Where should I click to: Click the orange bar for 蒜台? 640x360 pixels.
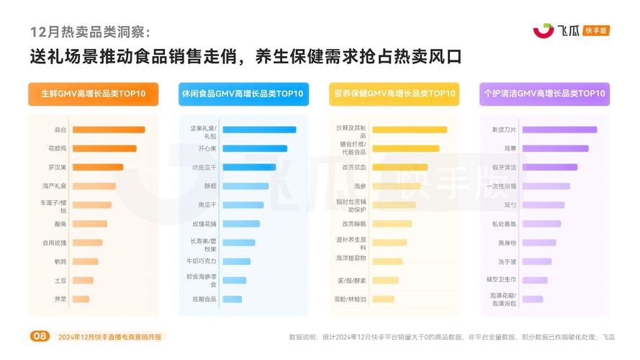click(108, 130)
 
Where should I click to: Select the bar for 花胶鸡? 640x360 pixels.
click(104, 148)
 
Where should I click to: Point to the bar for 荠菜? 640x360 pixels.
click(81, 299)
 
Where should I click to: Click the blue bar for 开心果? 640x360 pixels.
click(254, 148)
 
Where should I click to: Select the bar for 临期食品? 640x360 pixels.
click(233, 299)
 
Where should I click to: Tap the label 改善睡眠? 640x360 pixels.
click(354, 224)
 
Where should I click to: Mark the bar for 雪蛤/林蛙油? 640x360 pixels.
click(383, 299)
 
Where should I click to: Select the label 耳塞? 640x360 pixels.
click(510, 148)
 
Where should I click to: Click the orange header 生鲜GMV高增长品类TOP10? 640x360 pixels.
click(93, 94)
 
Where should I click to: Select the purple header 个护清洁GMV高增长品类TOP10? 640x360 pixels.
click(544, 94)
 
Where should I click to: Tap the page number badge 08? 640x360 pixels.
click(39, 336)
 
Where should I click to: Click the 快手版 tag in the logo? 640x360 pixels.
click(597, 30)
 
